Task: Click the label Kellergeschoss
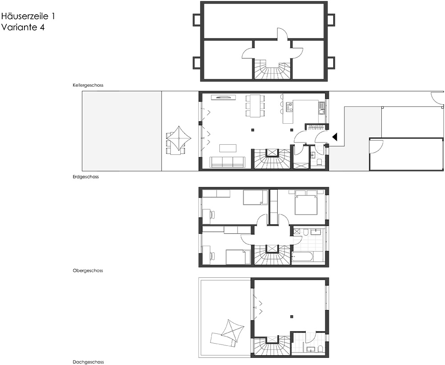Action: [88, 85]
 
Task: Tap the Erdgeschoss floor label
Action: [86, 177]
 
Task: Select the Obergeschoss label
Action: [88, 271]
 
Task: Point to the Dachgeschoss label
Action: [88, 362]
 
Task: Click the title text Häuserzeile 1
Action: [28, 16]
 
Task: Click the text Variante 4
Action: [23, 27]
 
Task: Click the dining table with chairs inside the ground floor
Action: [255, 106]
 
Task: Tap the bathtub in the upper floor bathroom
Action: [303, 258]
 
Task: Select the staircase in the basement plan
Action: [273, 69]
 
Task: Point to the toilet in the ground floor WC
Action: [319, 162]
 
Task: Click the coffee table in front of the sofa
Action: [228, 148]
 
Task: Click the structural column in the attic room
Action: [292, 316]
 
